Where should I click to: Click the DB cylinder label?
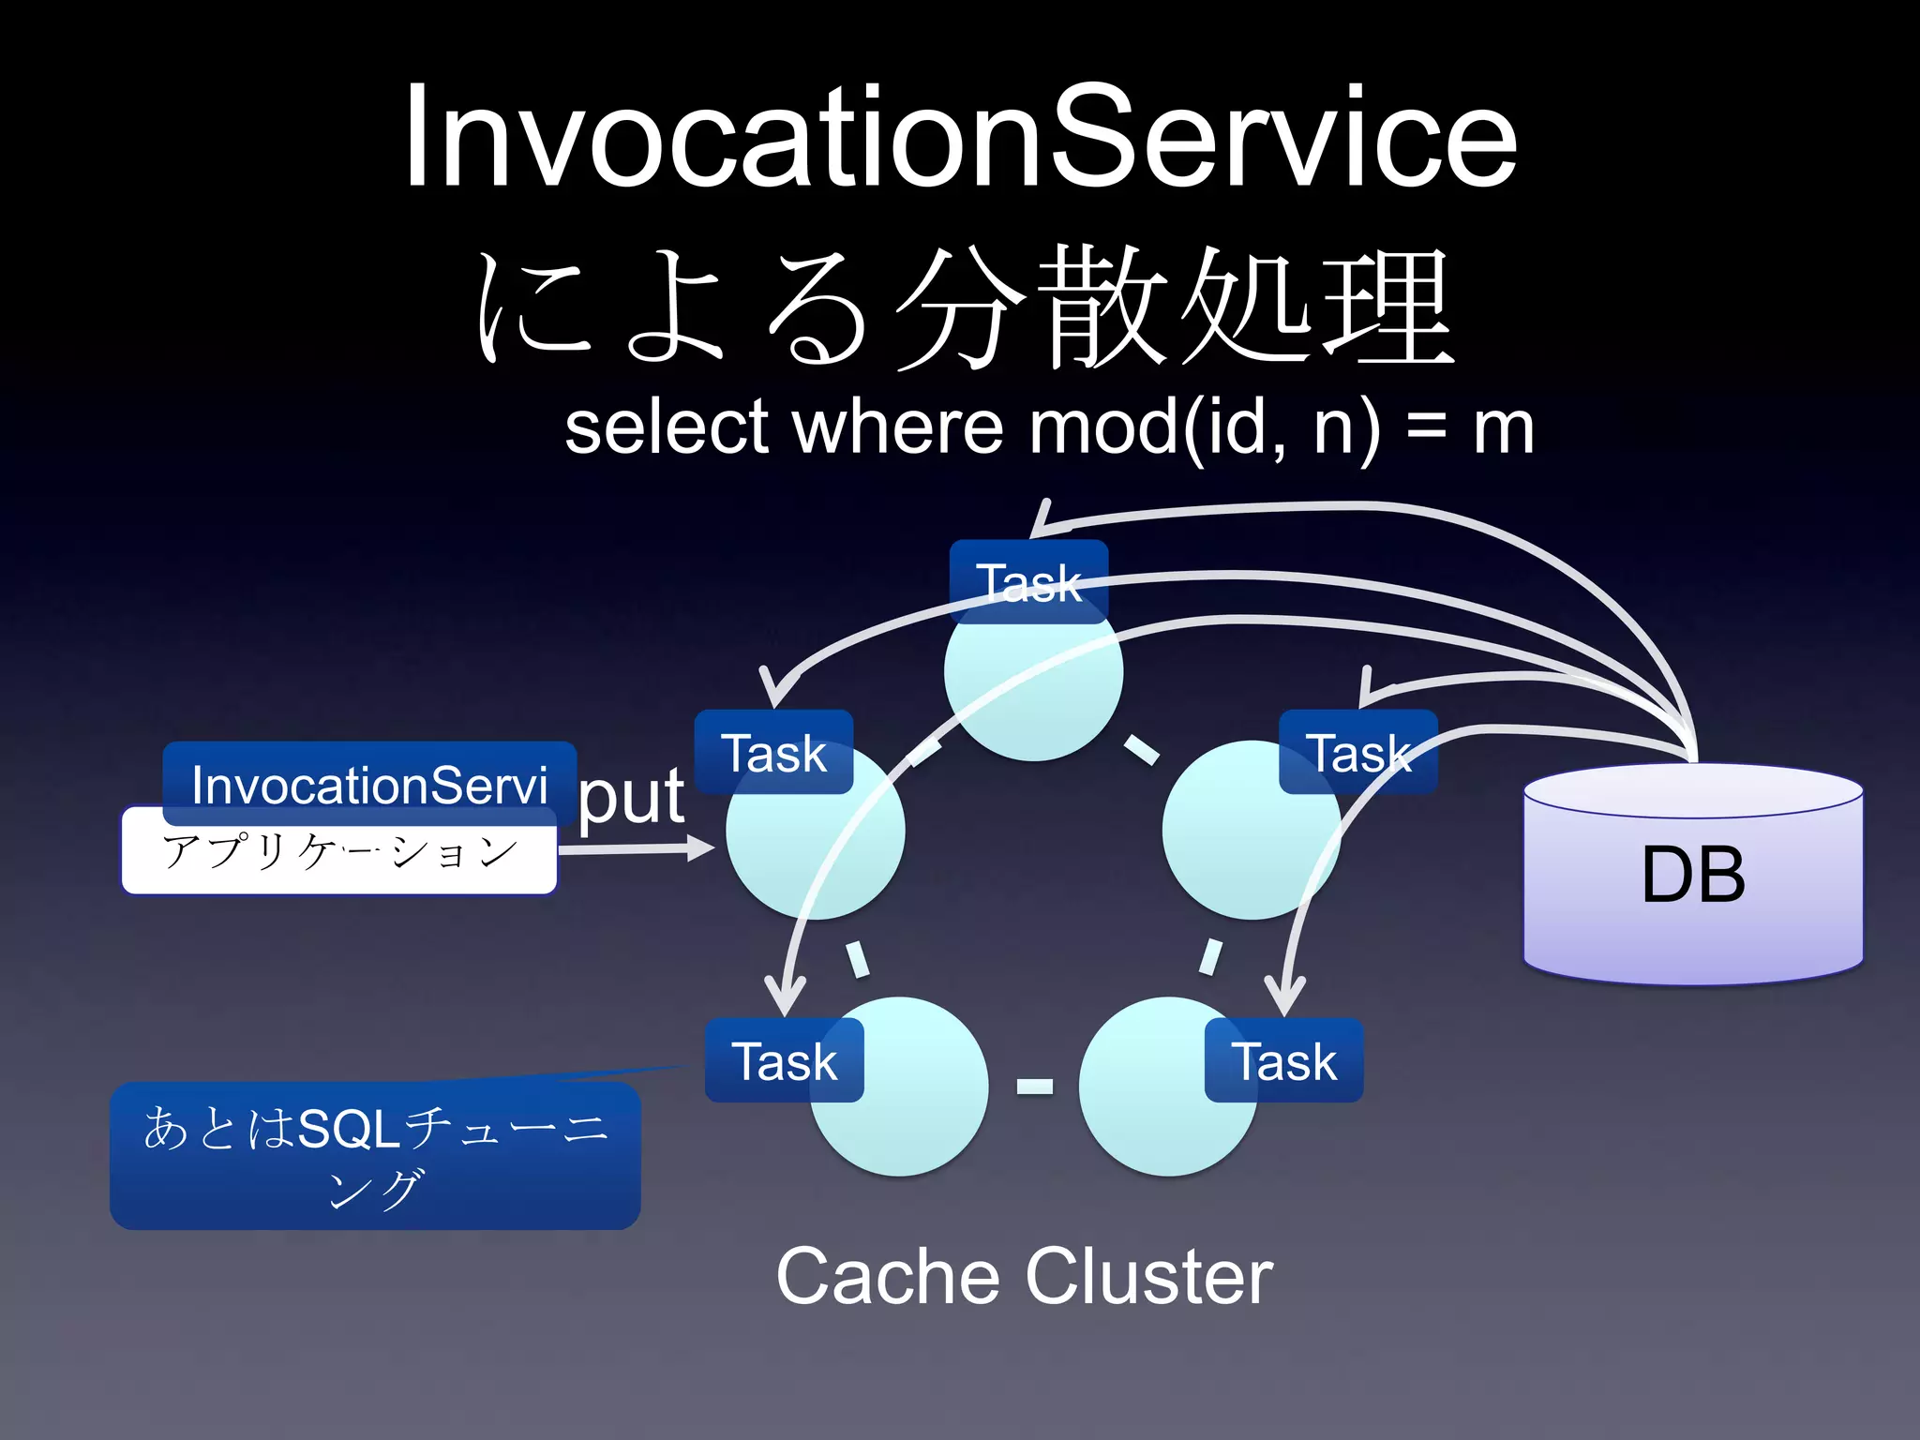click(x=1693, y=876)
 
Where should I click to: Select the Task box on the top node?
click(x=1028, y=582)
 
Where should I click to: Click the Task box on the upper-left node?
click(x=773, y=753)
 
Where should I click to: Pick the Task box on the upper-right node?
click(x=1358, y=753)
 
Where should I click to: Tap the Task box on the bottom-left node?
click(x=784, y=1061)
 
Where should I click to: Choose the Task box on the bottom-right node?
click(x=1283, y=1061)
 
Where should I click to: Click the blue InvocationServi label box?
click(x=369, y=784)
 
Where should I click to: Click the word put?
click(x=631, y=798)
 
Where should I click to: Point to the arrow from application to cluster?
click(x=637, y=849)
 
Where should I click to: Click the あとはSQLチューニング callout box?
click(x=375, y=1156)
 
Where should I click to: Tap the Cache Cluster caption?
click(x=1024, y=1277)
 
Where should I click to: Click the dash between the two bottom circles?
click(x=1034, y=1087)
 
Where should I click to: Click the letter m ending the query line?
click(x=1503, y=429)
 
